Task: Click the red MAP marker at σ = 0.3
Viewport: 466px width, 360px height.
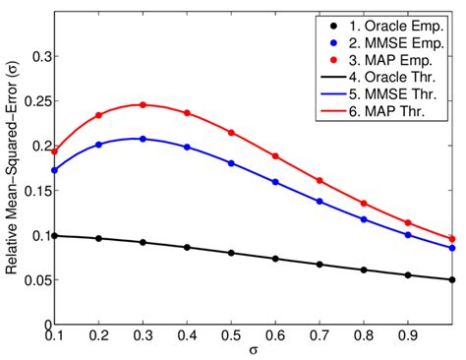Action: click(143, 104)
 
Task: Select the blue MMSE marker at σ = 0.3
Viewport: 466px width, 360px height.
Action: click(143, 139)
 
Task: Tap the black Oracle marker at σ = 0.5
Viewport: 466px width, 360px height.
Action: click(231, 253)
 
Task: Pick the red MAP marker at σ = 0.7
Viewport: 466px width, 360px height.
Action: click(320, 180)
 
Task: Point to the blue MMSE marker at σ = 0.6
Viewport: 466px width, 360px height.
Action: click(275, 182)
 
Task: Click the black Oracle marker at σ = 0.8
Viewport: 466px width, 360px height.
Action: click(364, 270)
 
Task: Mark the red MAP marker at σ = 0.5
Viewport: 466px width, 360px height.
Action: click(231, 132)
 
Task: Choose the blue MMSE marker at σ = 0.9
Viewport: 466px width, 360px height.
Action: click(408, 235)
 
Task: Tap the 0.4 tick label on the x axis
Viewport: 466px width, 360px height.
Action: click(187, 334)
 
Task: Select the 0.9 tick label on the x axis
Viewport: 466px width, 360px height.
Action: click(408, 334)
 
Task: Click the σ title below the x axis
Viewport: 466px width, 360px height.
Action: click(254, 350)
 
